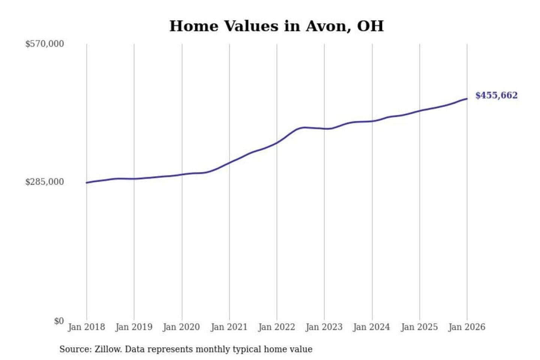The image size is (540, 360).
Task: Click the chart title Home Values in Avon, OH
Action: coord(276,26)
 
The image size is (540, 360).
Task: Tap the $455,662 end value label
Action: coord(496,95)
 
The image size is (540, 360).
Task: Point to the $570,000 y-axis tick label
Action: coord(45,44)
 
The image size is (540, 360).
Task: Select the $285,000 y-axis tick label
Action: coord(45,182)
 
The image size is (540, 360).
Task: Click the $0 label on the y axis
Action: coord(59,321)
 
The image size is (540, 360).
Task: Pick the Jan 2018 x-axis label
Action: coord(86,327)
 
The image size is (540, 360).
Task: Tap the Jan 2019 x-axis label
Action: coord(134,327)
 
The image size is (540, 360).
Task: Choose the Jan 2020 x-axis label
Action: coord(181,327)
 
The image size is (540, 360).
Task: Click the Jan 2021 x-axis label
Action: coord(229,327)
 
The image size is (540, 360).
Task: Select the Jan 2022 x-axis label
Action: coord(277,327)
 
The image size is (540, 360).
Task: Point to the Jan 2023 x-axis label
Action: coord(324,327)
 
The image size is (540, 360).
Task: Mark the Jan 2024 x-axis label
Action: coord(372,327)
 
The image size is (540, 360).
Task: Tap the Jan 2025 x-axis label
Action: coord(419,327)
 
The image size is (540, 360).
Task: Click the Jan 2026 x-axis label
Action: coord(467,327)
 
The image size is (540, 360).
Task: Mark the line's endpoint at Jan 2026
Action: coord(467,99)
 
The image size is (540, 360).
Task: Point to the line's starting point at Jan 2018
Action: coord(87,183)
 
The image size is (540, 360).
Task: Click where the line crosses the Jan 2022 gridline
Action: coord(277,142)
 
